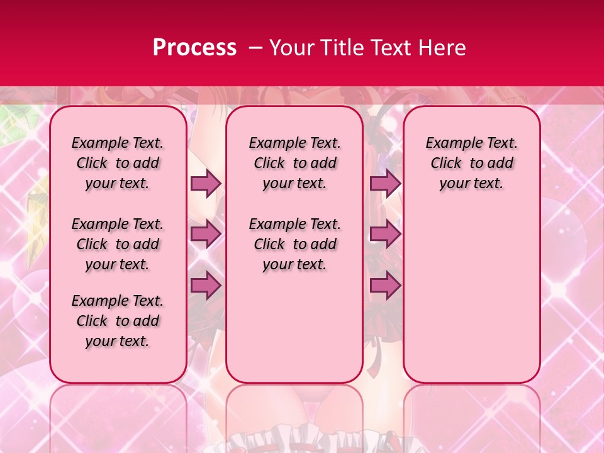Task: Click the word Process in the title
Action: pos(194,47)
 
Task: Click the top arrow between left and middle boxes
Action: pos(206,183)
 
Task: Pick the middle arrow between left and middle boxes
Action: pos(206,234)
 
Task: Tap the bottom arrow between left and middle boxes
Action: pos(206,285)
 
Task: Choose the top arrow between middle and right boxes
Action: pos(385,183)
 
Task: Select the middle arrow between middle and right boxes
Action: pos(385,234)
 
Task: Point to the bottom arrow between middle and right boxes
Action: pos(385,285)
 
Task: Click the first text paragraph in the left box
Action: pos(118,163)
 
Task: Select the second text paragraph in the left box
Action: pos(118,244)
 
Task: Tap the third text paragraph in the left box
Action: pos(118,321)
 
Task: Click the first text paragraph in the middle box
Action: pos(294,163)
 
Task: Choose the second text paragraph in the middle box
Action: pos(294,244)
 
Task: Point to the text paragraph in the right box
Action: pos(471,163)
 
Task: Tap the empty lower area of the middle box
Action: pos(294,327)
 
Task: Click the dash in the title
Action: pos(256,47)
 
